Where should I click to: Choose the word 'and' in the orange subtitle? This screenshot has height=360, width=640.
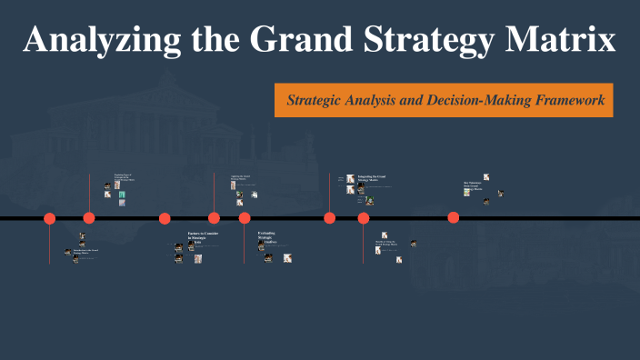(414, 100)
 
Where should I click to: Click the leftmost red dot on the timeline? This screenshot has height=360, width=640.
(50, 218)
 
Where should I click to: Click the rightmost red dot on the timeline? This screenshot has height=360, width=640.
(453, 217)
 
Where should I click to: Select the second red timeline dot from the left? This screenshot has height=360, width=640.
(89, 217)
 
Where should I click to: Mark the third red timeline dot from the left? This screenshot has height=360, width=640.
(165, 218)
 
